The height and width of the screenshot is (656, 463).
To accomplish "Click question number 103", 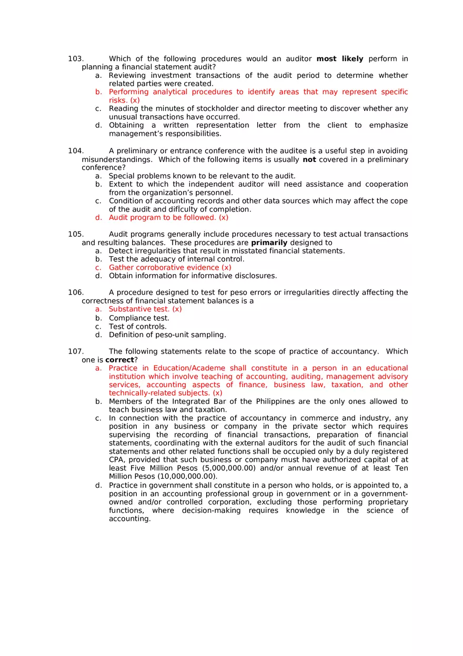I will [76, 59].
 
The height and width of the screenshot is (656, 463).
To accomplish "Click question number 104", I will [76, 151].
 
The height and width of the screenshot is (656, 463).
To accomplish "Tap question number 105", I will [76, 234].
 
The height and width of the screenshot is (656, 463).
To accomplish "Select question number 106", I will [76, 292].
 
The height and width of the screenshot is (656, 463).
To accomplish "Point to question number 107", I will [76, 351].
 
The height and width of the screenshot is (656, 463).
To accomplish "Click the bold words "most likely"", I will [340, 59].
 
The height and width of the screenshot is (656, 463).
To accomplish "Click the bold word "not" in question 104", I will [309, 159].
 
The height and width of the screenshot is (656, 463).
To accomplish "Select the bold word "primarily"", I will [269, 243].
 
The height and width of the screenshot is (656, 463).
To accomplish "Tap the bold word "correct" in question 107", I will [119, 360].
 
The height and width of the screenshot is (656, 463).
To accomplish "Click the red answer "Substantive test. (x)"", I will [145, 309].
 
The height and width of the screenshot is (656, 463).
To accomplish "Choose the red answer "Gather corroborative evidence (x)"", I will [170, 268].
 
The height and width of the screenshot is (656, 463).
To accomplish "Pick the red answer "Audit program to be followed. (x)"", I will [168, 217].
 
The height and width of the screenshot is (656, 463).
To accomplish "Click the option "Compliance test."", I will [139, 318].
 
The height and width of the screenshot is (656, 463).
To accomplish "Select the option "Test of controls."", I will [137, 326].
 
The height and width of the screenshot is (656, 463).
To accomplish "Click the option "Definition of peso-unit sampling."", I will [167, 335].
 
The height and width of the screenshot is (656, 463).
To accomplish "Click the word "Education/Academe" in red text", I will [189, 368].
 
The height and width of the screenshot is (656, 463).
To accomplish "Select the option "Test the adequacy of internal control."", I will [176, 259].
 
